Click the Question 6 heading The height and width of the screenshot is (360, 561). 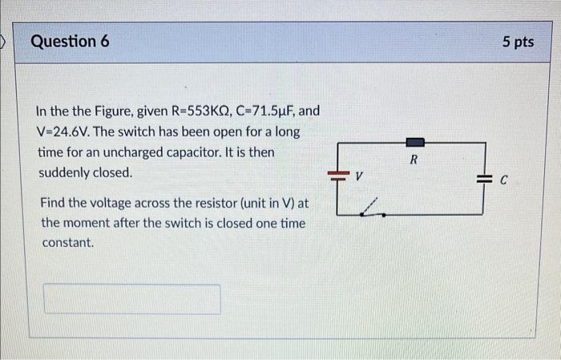click(x=71, y=41)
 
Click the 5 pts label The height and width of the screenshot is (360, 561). click(x=517, y=42)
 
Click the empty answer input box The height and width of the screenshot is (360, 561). click(x=131, y=299)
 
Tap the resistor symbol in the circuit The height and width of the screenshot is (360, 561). click(x=414, y=143)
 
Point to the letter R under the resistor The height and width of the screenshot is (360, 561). click(x=414, y=160)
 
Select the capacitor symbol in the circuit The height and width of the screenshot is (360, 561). click(x=482, y=180)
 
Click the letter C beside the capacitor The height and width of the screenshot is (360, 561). click(x=503, y=181)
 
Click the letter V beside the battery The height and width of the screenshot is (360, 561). click(x=359, y=175)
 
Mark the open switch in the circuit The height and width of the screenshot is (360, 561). click(x=370, y=210)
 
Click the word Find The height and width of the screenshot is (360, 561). click(x=54, y=203)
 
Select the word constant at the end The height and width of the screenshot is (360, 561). click(x=67, y=241)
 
